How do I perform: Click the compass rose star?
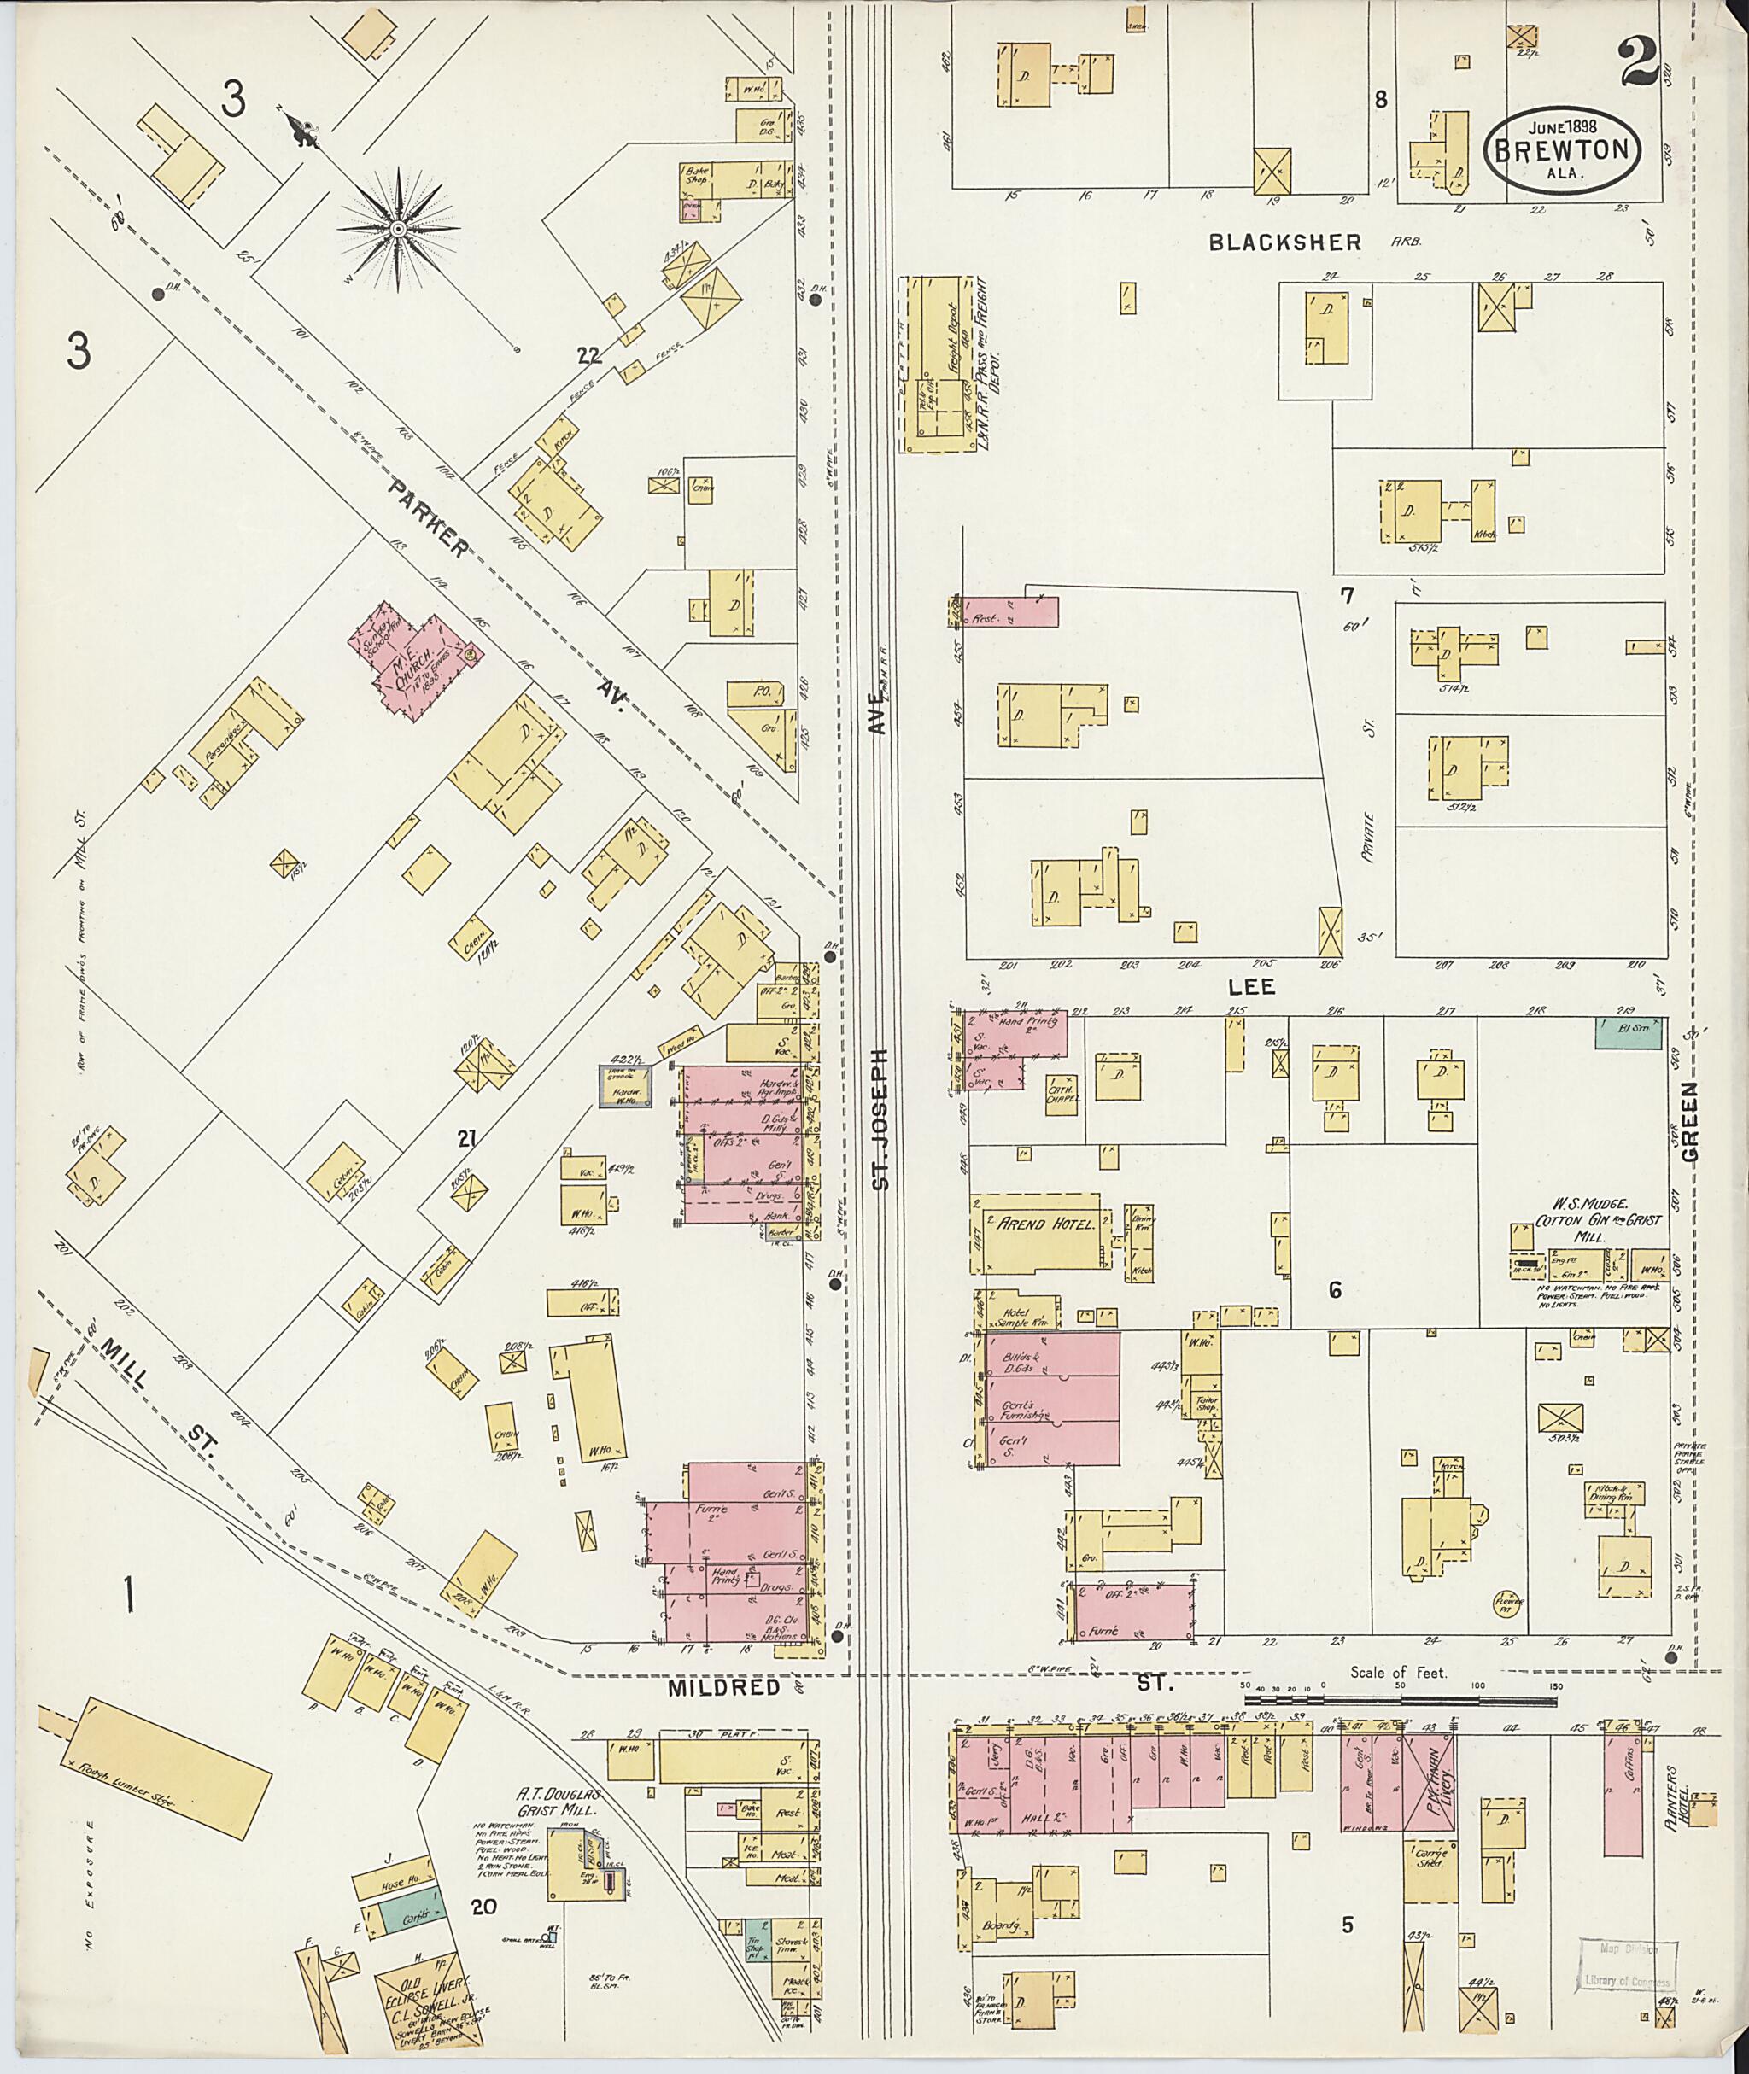398,229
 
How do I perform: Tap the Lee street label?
1250,987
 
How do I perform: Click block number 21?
467,1141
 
